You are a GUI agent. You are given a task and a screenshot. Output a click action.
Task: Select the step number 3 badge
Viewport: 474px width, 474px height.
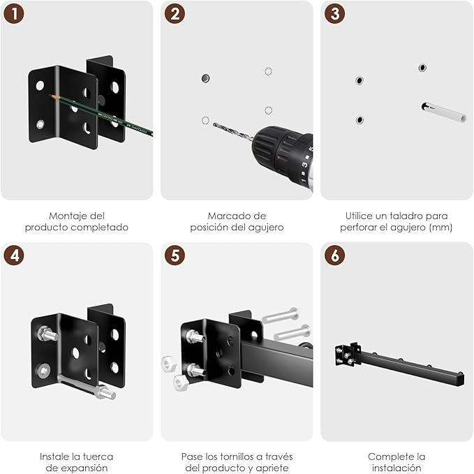coord(336,15)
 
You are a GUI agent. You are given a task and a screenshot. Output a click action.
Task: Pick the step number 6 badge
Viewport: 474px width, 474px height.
coord(336,255)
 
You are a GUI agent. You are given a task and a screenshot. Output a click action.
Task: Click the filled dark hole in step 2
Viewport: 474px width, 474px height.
coord(205,77)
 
